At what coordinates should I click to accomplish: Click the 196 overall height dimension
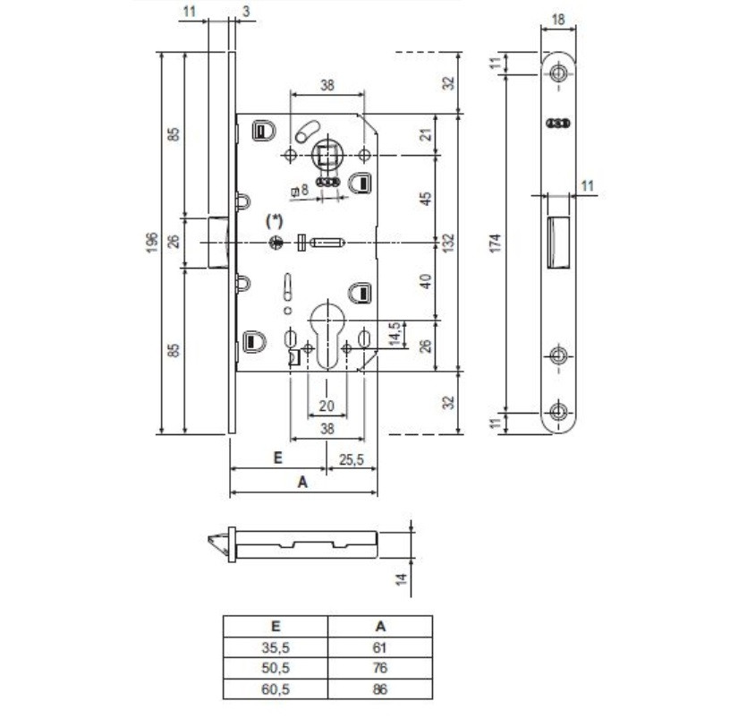point(153,243)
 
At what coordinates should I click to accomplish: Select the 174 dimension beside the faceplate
point(496,244)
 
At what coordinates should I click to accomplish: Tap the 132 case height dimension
point(448,243)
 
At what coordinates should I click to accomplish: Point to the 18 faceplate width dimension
point(557,19)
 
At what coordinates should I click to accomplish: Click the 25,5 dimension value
point(351,460)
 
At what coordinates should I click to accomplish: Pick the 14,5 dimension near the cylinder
point(395,334)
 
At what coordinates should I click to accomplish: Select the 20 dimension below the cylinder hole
point(327,406)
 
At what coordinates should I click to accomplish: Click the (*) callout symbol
point(275,220)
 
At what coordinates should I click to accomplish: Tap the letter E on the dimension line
point(277,458)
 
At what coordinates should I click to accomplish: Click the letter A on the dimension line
point(302,482)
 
